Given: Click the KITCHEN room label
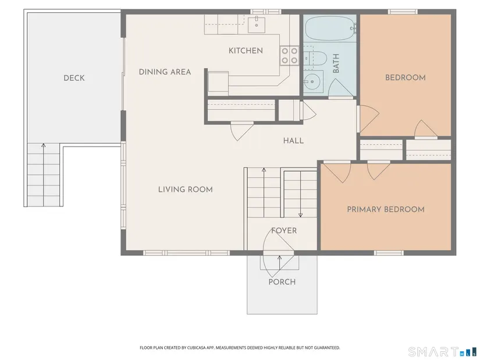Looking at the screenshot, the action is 246,51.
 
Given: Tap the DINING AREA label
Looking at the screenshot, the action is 165,72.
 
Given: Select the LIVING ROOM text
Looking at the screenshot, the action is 186,190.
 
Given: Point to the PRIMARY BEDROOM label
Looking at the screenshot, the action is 386,209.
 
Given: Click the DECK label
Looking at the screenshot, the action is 74,78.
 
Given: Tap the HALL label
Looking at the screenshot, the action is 293,141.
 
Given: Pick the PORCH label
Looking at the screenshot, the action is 282,282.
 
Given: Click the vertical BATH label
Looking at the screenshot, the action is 336,63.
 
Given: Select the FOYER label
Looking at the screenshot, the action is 284,230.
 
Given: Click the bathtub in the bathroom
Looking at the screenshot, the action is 330,28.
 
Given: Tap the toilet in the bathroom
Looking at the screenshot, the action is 315,58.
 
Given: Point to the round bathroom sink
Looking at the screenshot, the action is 312,81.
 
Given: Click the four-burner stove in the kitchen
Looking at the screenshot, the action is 289,55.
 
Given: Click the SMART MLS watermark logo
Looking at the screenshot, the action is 443,352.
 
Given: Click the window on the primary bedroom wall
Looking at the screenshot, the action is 389,253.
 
